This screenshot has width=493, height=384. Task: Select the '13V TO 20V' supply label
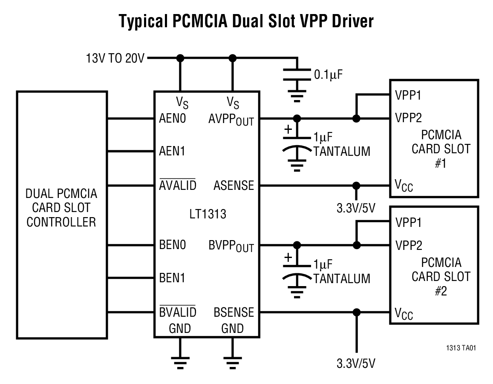115,58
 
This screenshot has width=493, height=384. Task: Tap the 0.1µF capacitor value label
328,75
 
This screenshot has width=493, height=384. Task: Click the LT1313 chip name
208,214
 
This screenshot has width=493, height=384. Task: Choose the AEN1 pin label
172,151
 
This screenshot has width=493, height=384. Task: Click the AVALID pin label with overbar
177,185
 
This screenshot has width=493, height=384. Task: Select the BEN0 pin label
172,245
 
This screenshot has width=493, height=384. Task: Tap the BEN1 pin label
172,278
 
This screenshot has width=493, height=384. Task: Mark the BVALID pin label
177,312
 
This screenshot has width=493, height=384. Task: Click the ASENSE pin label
234,185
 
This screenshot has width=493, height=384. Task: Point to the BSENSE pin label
234,312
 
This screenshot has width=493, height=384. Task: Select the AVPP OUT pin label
231,120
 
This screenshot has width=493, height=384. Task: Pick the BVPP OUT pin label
231,246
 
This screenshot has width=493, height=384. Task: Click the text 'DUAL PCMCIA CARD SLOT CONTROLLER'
61,208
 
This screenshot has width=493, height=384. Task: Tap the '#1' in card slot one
441,164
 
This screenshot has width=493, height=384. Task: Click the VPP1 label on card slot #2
408,223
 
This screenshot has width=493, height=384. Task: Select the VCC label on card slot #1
404,186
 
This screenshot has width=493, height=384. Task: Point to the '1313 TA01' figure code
461,348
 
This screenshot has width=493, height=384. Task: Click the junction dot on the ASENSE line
356,186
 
